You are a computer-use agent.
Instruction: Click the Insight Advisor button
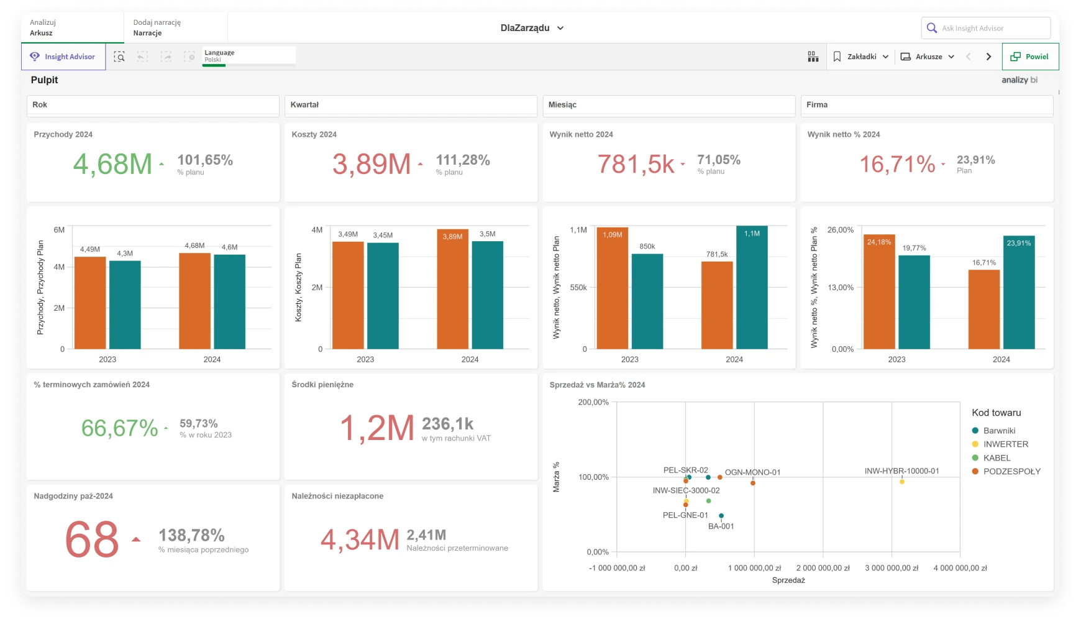[63, 57]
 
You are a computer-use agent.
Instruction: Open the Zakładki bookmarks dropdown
[861, 57]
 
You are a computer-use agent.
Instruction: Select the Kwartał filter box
[410, 105]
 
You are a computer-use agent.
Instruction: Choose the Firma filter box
[926, 105]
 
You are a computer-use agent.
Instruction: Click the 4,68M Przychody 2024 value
[112, 165]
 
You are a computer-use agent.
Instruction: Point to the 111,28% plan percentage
[463, 160]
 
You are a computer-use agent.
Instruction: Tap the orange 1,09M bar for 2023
[612, 289]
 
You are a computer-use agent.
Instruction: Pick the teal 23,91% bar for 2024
[1019, 293]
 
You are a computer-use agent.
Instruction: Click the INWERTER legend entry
[1005, 444]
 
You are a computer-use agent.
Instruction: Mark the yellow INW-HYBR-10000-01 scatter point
[902, 482]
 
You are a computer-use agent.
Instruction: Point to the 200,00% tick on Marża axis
[593, 402]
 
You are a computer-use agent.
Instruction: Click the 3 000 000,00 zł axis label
[891, 568]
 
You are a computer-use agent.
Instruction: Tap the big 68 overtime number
[92, 539]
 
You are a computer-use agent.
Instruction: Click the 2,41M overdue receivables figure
[426, 535]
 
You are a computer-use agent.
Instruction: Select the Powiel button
[1030, 57]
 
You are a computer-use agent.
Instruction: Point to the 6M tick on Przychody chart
[59, 230]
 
